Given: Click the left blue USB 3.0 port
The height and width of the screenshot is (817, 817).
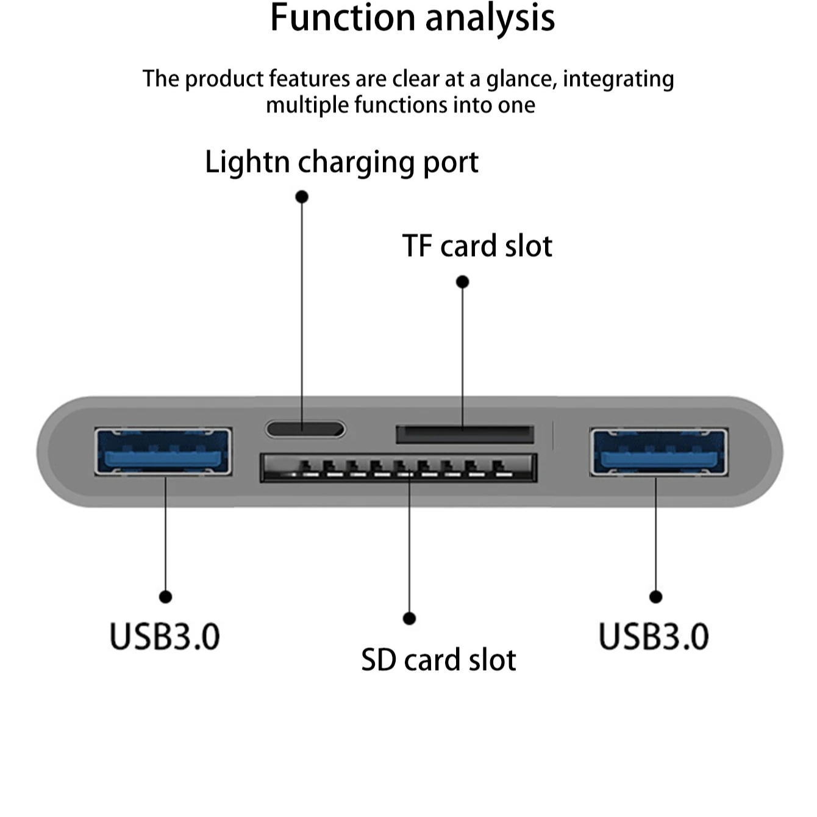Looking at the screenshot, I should [163, 452].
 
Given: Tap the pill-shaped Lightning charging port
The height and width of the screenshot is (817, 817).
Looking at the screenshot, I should [305, 429].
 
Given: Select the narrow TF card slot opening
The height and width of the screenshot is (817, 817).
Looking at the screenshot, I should [465, 434].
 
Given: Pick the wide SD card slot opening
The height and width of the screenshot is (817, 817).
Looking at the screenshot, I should [399, 468].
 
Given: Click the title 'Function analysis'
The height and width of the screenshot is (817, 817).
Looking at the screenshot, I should [412, 18].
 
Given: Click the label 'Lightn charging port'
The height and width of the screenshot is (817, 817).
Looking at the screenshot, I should [341, 162].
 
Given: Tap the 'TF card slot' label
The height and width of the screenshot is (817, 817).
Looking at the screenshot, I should [477, 246].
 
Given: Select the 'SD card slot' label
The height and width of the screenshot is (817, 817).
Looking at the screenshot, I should [438, 660].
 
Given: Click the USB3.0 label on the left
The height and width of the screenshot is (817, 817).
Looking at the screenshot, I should [165, 637].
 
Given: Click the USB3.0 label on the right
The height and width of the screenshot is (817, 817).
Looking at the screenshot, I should [654, 637].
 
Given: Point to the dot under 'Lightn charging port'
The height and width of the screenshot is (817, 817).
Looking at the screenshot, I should [302, 196].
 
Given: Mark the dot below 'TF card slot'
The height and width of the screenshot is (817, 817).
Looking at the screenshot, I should [462, 282].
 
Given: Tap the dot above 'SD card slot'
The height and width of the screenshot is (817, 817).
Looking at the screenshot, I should [410, 618].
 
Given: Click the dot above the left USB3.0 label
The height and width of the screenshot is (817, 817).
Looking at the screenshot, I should [165, 596].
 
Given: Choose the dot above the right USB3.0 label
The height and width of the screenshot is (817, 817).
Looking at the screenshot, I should [655, 596].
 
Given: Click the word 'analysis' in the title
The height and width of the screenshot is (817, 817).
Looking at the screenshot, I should [490, 18].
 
